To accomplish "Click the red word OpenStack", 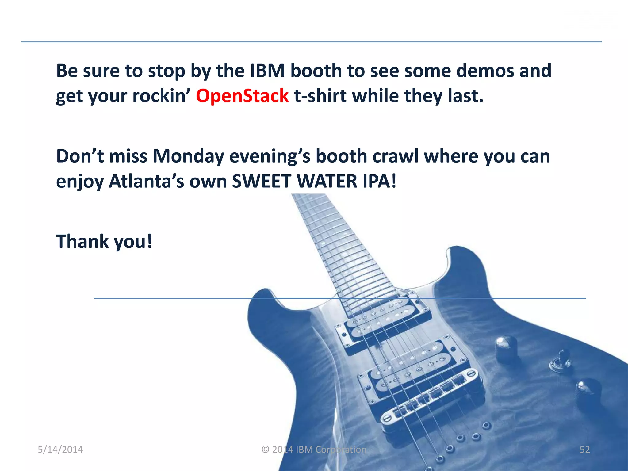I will (x=242, y=96).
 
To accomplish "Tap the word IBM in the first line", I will (x=267, y=71).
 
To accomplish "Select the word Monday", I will (x=188, y=156).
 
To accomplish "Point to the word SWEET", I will (x=261, y=181).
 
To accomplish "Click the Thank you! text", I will (x=104, y=241).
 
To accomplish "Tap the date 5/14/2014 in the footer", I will (x=60, y=450).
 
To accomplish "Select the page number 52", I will (x=584, y=450).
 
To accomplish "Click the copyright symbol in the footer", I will (x=266, y=450).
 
